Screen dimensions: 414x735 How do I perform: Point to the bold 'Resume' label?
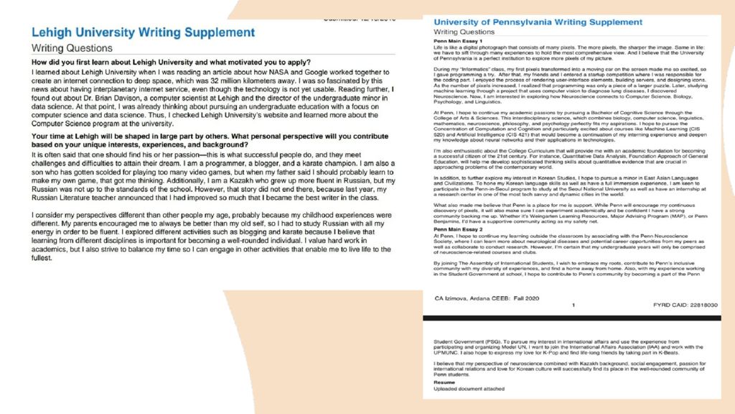445,382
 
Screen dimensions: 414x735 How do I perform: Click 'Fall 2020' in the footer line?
544,297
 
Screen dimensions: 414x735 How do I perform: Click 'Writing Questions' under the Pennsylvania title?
464,32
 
